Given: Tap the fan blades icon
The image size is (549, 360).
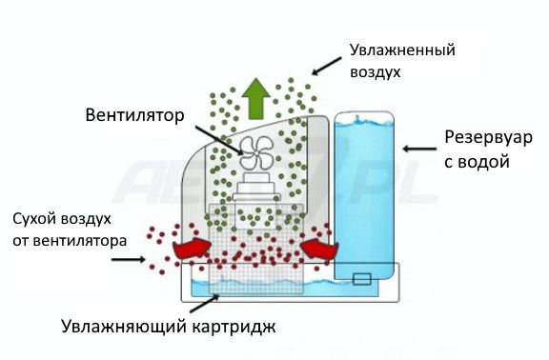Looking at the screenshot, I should tap(257, 150).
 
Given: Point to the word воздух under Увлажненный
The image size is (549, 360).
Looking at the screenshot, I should tap(376, 71).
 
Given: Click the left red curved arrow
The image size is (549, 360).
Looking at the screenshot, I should tap(190, 249).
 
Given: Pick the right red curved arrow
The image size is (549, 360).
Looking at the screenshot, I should tap(319, 249).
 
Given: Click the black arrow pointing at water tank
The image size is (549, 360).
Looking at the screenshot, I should tap(417, 149).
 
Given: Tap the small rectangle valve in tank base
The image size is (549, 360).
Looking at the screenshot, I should tap(361, 280).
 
